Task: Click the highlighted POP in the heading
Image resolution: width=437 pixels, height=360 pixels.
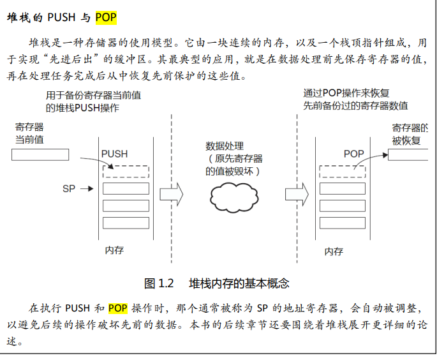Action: point(106,17)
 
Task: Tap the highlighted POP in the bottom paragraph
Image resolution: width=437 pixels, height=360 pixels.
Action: point(118,308)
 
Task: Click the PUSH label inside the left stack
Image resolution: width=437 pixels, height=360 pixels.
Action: point(114,154)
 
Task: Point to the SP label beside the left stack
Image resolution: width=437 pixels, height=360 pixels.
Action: point(69,189)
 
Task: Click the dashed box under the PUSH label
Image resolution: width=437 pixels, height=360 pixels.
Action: point(126,171)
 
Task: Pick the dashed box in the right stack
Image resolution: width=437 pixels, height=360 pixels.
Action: point(343,171)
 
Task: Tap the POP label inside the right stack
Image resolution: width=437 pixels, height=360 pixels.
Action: point(353,154)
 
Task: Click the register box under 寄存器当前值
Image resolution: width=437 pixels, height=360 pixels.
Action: point(40,154)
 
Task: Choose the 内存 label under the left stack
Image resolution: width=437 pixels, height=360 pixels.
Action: point(114,250)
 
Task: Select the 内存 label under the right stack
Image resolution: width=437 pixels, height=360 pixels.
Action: point(334,251)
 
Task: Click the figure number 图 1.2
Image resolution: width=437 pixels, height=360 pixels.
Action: point(159,283)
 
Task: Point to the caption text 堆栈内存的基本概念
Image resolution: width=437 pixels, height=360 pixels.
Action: point(239,283)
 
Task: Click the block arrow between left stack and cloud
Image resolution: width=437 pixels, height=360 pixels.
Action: point(171,192)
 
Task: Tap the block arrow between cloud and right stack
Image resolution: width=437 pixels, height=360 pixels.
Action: point(296,192)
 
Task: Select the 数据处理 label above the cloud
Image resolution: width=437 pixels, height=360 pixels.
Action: point(225,146)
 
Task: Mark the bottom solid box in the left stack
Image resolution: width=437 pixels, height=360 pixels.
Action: point(126,223)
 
